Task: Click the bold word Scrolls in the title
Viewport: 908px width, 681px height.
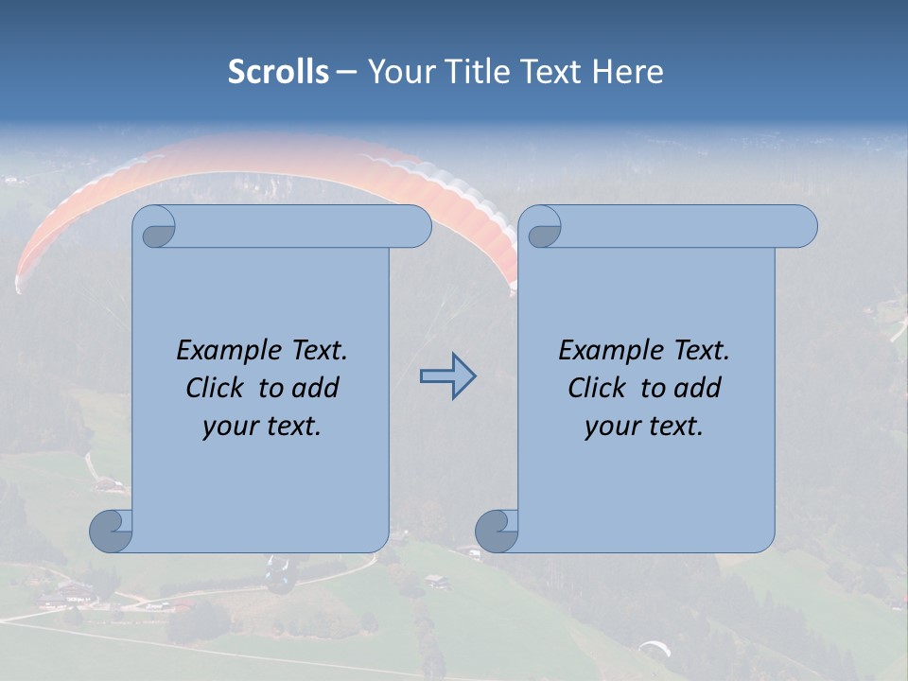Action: (x=279, y=72)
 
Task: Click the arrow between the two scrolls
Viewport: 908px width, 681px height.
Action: (x=447, y=376)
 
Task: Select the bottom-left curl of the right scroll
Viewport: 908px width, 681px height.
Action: (x=498, y=531)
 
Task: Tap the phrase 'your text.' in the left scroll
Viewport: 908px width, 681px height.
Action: (x=262, y=427)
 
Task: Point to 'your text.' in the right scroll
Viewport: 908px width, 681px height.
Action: (x=644, y=427)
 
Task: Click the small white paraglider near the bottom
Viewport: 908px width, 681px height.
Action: (x=654, y=648)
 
